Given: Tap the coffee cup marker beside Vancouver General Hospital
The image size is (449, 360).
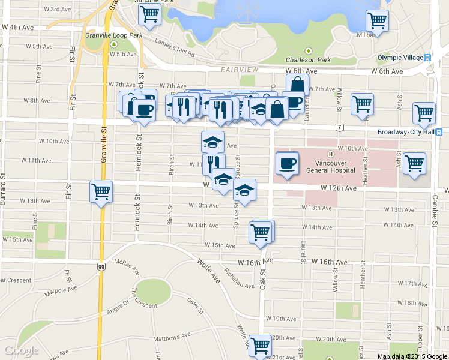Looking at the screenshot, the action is tap(287, 163).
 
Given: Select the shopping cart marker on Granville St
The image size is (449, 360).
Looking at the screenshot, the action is tap(101, 193).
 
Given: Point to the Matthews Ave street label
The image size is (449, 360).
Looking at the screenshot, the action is tap(172, 337).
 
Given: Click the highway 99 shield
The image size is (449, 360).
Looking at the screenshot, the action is tap(100, 265).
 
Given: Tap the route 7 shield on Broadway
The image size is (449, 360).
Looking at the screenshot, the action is tap(339, 127).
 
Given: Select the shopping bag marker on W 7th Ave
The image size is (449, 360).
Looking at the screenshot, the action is tap(297, 85).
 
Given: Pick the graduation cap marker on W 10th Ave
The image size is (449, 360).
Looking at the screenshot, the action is tap(212, 142).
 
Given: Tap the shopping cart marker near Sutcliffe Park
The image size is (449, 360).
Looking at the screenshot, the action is tap(149, 14).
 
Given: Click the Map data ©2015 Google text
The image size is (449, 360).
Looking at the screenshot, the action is tap(412, 356).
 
